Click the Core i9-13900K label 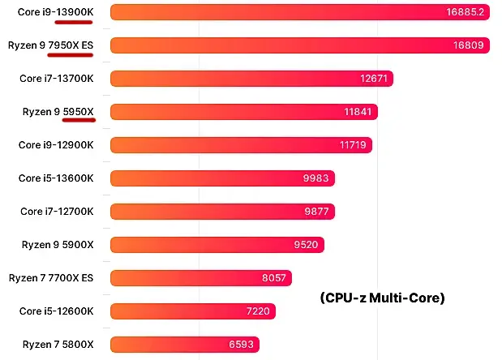pos(56,12)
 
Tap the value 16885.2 pos(465,12)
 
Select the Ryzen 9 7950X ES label pos(51,45)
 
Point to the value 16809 pos(469,45)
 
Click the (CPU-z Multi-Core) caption pos(382,298)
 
